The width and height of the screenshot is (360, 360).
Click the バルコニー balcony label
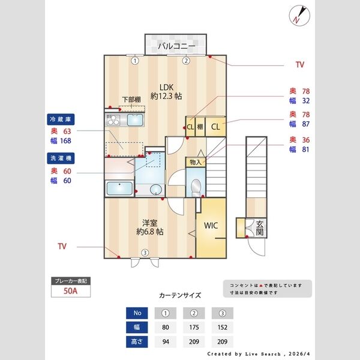pyautogui.click(x=176, y=46)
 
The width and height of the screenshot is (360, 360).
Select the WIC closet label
pyautogui.click(x=211, y=226)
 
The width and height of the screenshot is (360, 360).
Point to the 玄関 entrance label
pyautogui.click(x=260, y=227)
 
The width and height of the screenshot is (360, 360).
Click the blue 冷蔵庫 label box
pyautogui.click(x=61, y=119)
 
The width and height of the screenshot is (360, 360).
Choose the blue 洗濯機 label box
pyautogui.click(x=61, y=158)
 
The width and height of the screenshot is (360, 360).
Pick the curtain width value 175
pyautogui.click(x=195, y=328)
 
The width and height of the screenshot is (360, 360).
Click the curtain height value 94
pyautogui.click(x=166, y=342)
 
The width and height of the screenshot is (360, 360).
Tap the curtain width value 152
pyautogui.click(x=223, y=328)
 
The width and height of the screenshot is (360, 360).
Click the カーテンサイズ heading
pyautogui.click(x=180, y=295)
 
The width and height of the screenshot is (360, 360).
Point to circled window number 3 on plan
pyautogui.click(x=145, y=253)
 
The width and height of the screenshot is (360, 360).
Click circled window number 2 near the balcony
pyautogui.click(x=186, y=61)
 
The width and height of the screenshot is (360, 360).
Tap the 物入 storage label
pyautogui.click(x=195, y=162)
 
